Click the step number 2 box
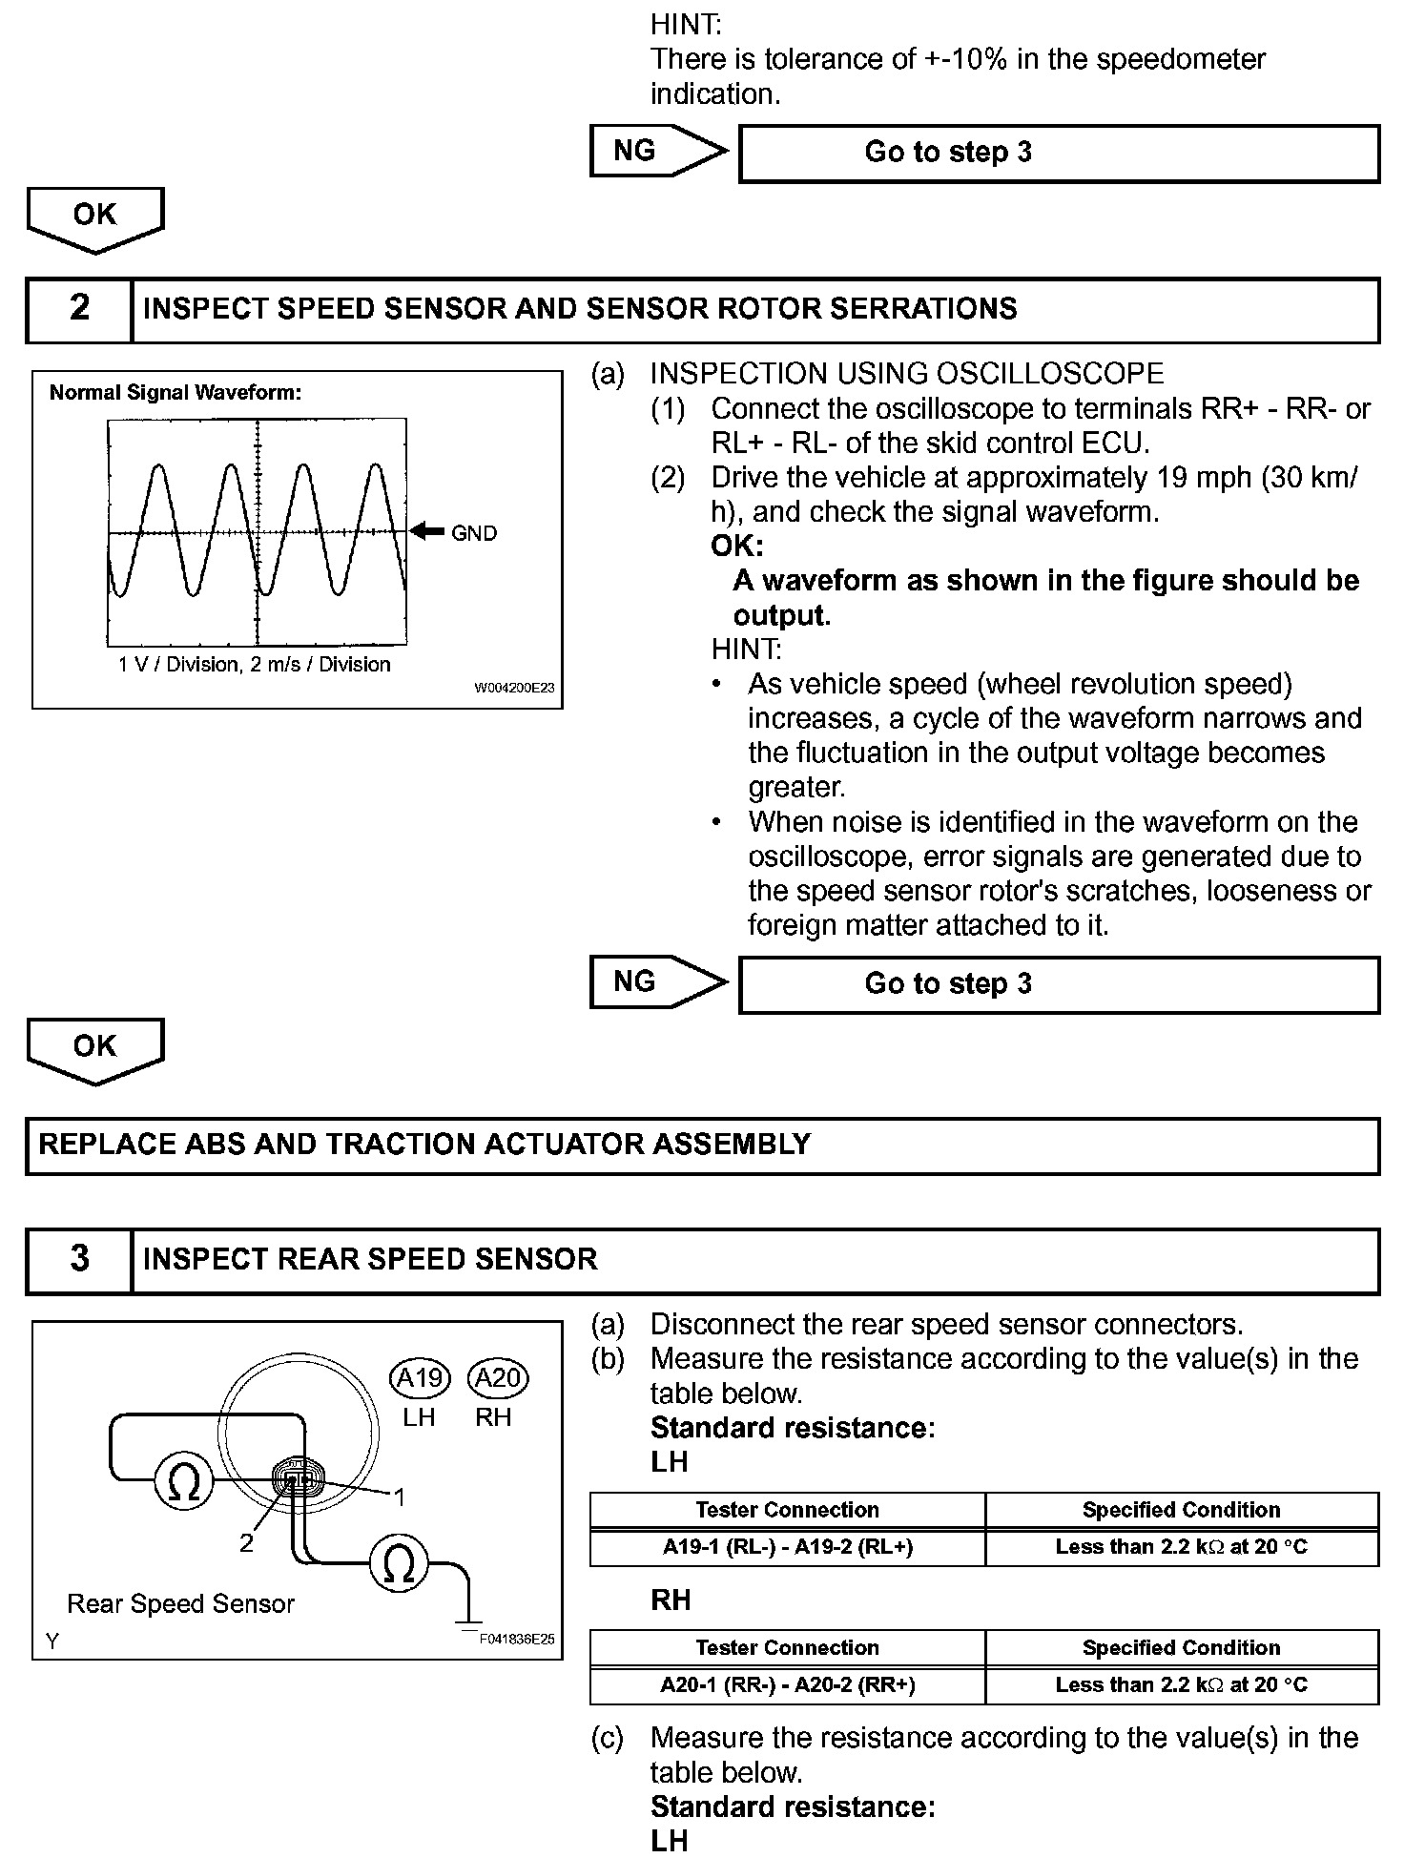[x=79, y=309]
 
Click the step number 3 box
[x=79, y=1260]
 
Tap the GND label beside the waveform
[x=474, y=533]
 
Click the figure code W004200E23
[x=514, y=688]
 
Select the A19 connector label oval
[x=419, y=1378]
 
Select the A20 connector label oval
[x=498, y=1378]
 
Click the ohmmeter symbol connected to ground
[x=399, y=1565]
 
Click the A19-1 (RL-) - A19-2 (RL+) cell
[x=788, y=1547]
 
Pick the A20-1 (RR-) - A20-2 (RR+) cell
[x=788, y=1685]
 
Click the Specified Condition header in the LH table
[x=1181, y=1510]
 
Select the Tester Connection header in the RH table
[x=788, y=1648]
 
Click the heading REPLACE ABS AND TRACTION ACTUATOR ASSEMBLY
[x=424, y=1145]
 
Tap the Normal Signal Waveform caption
[x=175, y=393]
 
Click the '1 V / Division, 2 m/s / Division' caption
[x=255, y=665]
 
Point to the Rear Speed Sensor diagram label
[x=181, y=1604]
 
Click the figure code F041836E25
[x=517, y=1640]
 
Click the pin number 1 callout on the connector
[x=400, y=1498]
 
